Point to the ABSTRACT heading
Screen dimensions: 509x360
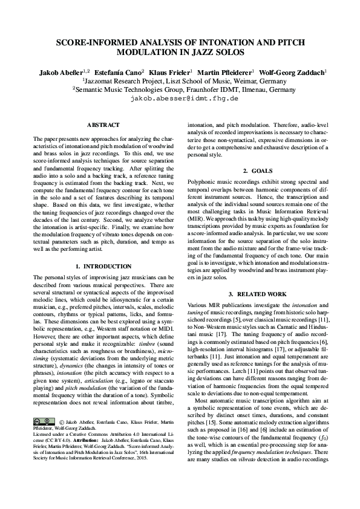point(103,125)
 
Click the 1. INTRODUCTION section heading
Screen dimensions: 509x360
point(103,265)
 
